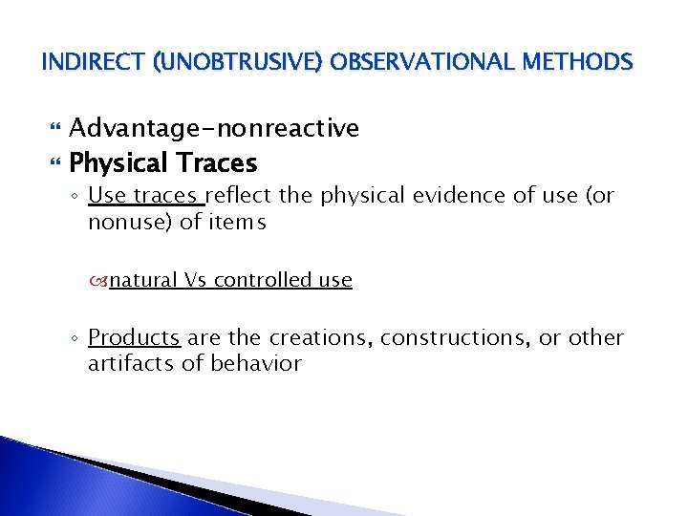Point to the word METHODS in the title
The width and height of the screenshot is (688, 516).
tap(579, 64)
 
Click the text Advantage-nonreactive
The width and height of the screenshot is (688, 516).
tap(214, 128)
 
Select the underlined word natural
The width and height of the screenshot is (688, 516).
tap(142, 280)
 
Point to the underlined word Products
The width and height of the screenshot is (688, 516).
tap(134, 338)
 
